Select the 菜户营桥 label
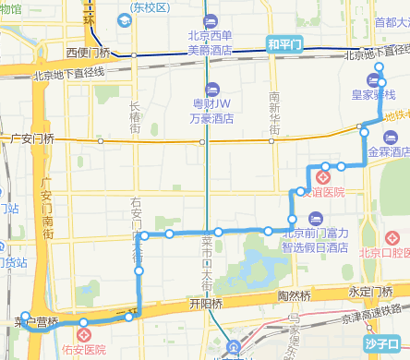[37, 323]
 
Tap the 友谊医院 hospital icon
[323, 176]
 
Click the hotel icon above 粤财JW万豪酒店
[211, 89]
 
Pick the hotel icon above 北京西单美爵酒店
[210, 20]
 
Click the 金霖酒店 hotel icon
[389, 137]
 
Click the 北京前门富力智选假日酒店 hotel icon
[315, 219]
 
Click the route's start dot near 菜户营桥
[25, 315]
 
